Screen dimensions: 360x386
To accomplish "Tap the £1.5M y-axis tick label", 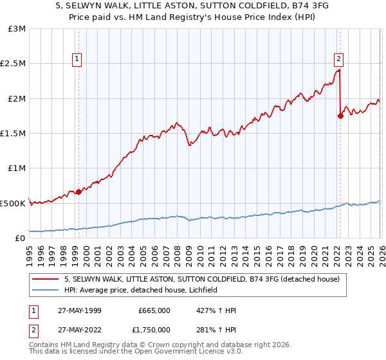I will click(x=13, y=134).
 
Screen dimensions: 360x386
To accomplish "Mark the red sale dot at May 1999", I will click(x=78, y=192).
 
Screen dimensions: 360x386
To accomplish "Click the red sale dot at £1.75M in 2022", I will click(x=340, y=116).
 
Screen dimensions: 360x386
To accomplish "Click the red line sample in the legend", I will click(x=46, y=279).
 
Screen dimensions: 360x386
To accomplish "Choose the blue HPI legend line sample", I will click(x=46, y=291).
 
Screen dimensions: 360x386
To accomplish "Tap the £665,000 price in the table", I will click(x=154, y=310).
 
